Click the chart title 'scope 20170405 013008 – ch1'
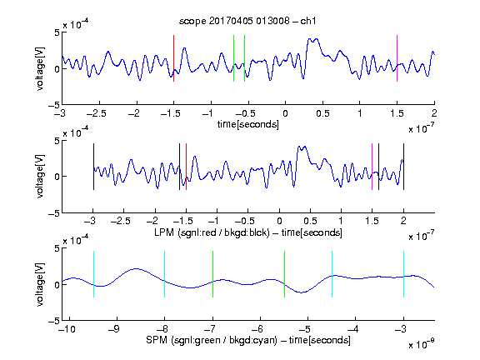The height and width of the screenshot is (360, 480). tap(247, 21)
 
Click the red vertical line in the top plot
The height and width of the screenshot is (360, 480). tap(174, 58)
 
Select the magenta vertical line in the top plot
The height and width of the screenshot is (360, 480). tap(397, 58)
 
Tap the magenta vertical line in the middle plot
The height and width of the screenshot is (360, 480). tap(372, 167)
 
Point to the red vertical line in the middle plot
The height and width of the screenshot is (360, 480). tap(186, 167)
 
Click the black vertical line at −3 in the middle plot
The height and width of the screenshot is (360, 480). tap(93, 167)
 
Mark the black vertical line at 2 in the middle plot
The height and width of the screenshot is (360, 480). tap(404, 167)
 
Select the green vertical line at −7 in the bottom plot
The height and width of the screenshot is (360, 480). tap(212, 274)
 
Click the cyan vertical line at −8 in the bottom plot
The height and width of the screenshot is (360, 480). tap(165, 274)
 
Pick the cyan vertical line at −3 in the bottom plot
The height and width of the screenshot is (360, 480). tap(404, 274)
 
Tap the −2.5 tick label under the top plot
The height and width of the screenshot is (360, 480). tap(96, 113)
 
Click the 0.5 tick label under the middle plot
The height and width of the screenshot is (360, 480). tap(310, 221)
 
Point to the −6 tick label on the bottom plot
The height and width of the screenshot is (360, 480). tap(259, 329)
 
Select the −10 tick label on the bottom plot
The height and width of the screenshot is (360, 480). tap(67, 329)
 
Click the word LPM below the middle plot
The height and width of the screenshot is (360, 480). tap(164, 232)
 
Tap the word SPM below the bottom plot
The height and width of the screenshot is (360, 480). tap(157, 340)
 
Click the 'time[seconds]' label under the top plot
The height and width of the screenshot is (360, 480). tap(248, 124)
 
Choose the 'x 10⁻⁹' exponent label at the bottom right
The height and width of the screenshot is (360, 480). tap(422, 344)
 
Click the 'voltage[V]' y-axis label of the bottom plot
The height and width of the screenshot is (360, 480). tap(40, 284)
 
